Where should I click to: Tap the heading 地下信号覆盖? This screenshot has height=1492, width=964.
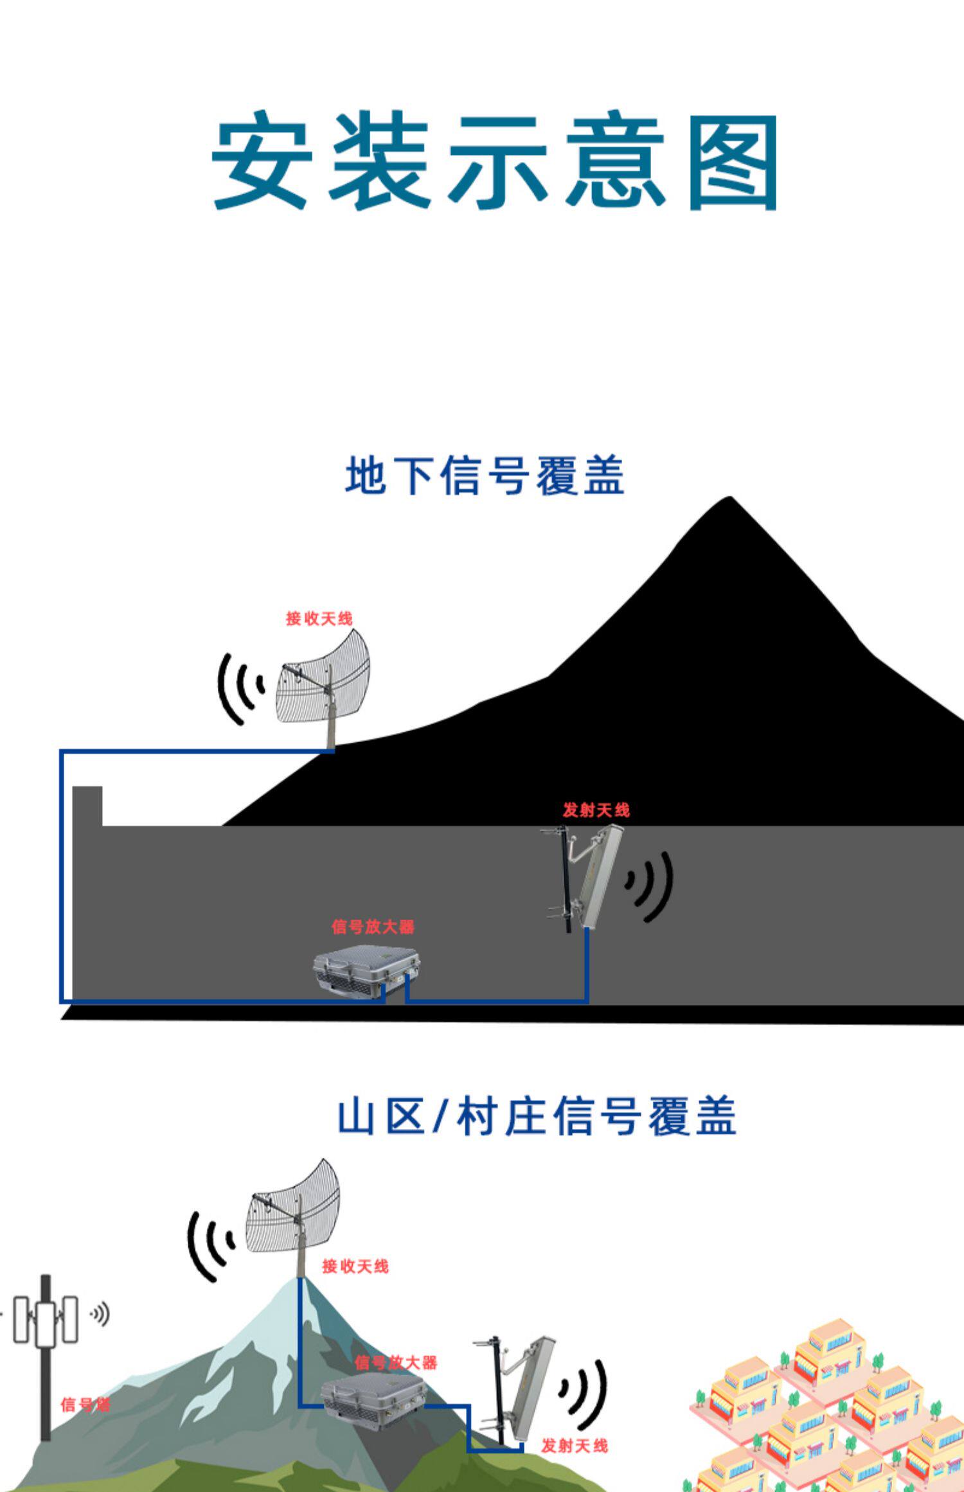(x=485, y=475)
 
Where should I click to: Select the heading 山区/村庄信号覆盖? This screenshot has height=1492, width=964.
(x=537, y=1116)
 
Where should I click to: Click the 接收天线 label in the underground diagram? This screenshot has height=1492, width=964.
(x=319, y=618)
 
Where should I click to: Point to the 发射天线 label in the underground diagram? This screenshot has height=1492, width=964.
(x=596, y=810)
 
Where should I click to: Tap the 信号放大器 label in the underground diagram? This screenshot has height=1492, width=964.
(x=373, y=927)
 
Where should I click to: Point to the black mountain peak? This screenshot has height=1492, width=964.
(x=729, y=497)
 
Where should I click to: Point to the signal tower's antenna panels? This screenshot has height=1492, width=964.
(x=46, y=1320)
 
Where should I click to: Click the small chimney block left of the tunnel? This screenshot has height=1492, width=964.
(x=87, y=806)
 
